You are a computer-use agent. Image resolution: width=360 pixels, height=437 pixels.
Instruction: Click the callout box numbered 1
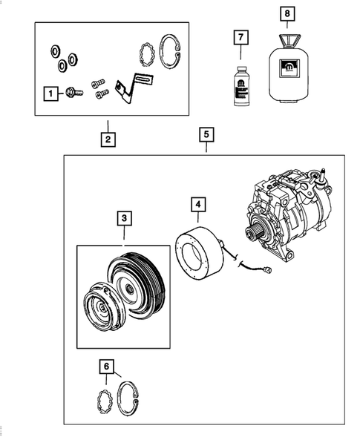tap(50, 93)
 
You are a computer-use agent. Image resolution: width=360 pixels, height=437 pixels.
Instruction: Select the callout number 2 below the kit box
tap(108, 139)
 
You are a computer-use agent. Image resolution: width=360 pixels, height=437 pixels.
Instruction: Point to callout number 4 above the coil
tap(197, 203)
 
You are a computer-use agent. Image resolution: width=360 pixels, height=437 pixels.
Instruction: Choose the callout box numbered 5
tap(207, 135)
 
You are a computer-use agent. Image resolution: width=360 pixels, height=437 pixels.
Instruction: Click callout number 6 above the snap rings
tap(108, 366)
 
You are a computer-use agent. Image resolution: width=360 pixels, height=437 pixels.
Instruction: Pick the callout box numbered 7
tap(239, 37)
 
